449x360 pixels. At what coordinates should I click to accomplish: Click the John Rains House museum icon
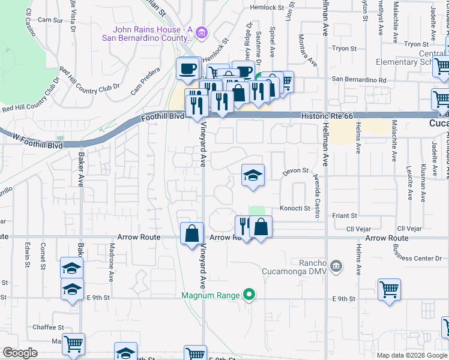pos(202,32)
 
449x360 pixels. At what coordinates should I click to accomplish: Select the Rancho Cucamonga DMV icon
pos(336,265)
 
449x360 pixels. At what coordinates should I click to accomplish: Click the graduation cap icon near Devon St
pos(253,175)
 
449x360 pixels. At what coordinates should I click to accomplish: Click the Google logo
pos(20,353)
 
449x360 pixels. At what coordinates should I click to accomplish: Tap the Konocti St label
pos(294,209)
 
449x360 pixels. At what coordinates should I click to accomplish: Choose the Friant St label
pos(345,215)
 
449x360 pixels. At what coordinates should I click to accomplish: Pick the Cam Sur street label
pos(50,20)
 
